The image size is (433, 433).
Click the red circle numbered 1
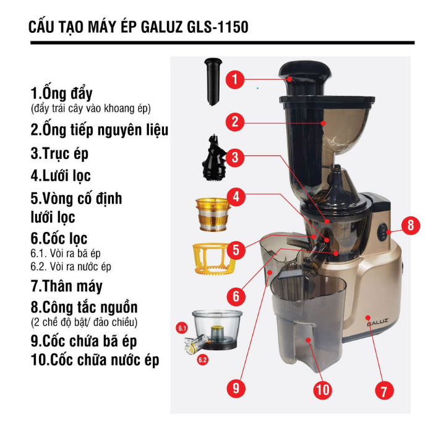[235, 79]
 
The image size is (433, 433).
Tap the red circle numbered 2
[235, 121]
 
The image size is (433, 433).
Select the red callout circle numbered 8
[411, 225]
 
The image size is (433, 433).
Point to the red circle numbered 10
[322, 390]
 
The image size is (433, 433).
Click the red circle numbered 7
[384, 390]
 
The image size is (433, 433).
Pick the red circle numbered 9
[236, 388]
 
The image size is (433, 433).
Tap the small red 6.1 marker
[182, 328]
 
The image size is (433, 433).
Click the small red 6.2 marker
[202, 360]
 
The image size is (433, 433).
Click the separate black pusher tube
[213, 82]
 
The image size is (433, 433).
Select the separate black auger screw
[213, 158]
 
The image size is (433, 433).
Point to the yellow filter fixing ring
[212, 259]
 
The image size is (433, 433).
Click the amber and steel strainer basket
[213, 214]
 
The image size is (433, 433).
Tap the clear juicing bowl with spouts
[213, 332]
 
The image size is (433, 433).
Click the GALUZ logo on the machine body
[378, 322]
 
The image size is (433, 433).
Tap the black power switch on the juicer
[383, 231]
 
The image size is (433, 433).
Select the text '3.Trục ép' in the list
[59, 153]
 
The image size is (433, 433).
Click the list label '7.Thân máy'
[67, 286]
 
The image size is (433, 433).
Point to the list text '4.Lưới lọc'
[61, 176]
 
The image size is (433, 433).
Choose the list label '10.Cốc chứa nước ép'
[95, 359]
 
